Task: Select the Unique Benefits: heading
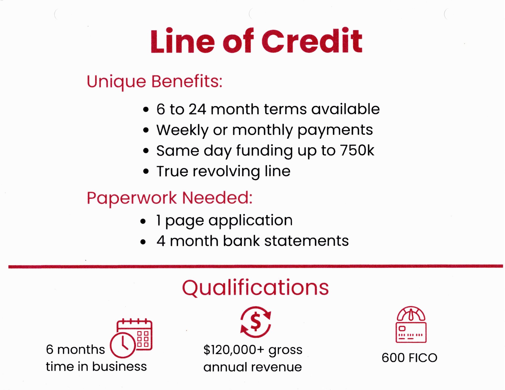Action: pyautogui.click(x=155, y=82)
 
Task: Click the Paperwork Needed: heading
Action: pyautogui.click(x=170, y=198)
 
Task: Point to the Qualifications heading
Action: pyautogui.click(x=255, y=288)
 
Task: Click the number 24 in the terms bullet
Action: pyautogui.click(x=197, y=109)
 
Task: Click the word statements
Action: pyautogui.click(x=306, y=241)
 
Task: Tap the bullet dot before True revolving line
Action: pyautogui.click(x=146, y=171)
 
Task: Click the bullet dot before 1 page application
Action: pyautogui.click(x=143, y=221)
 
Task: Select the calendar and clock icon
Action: pyautogui.click(x=131, y=338)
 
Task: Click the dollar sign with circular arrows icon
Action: pyautogui.click(x=256, y=322)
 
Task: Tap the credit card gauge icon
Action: pyautogui.click(x=411, y=325)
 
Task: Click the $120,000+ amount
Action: pyautogui.click(x=234, y=350)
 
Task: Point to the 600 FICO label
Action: pyautogui.click(x=410, y=358)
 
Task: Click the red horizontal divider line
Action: pyautogui.click(x=256, y=266)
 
